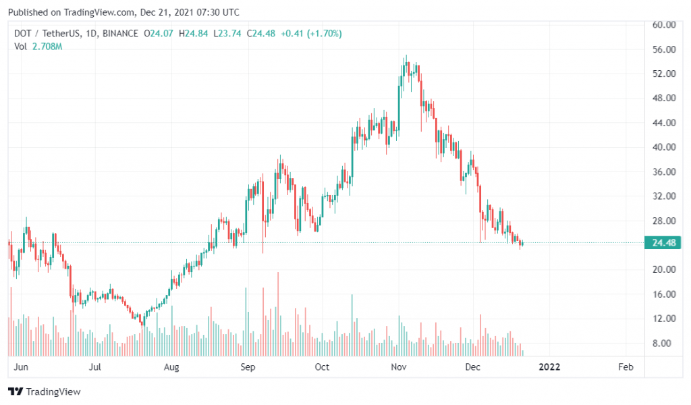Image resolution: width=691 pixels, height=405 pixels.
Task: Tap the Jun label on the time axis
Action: [21, 367]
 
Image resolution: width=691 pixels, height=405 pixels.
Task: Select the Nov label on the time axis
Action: [399, 367]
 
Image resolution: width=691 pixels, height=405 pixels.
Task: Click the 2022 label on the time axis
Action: [550, 367]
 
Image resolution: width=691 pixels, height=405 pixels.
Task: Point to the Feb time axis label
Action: [626, 367]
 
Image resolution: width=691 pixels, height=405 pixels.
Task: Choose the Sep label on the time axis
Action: [248, 367]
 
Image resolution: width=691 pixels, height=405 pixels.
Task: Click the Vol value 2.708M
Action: [47, 46]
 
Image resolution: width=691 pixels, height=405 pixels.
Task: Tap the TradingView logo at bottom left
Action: [45, 391]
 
